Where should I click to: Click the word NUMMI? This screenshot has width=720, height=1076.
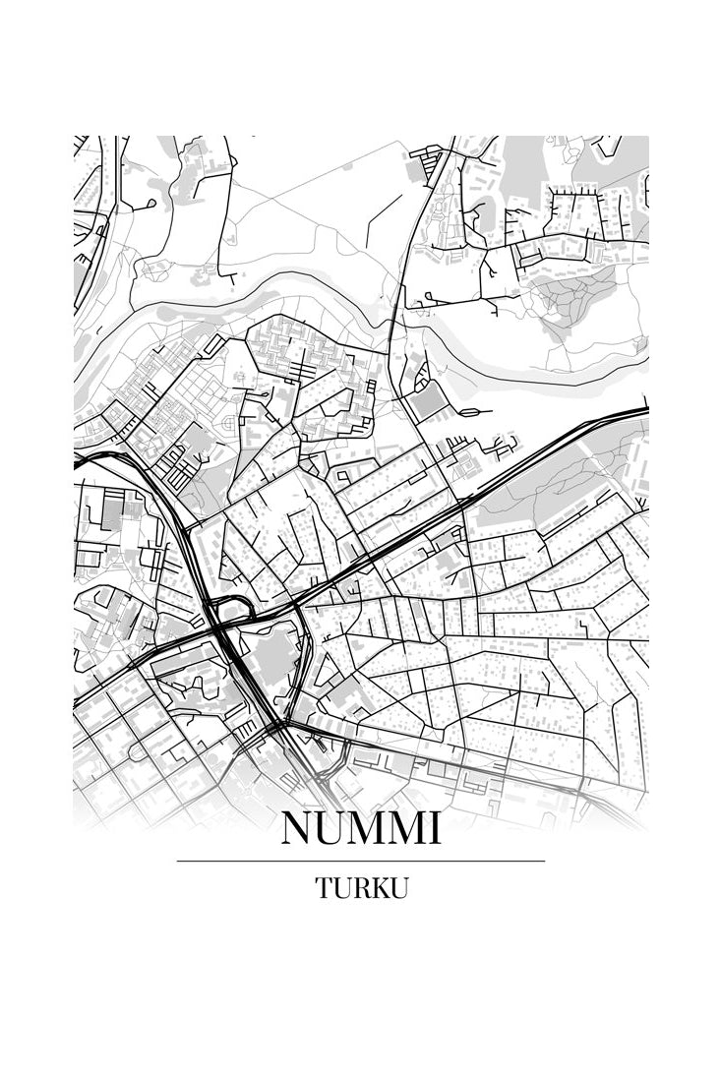pos(360,829)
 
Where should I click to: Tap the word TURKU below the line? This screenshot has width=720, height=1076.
pos(361,888)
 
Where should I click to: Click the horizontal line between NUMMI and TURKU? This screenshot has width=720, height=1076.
pos(360,861)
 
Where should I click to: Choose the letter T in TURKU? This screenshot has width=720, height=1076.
pos(324,888)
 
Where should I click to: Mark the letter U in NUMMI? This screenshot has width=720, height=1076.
pos(328,829)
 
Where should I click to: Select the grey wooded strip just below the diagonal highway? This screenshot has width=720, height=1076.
pos(551,482)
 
